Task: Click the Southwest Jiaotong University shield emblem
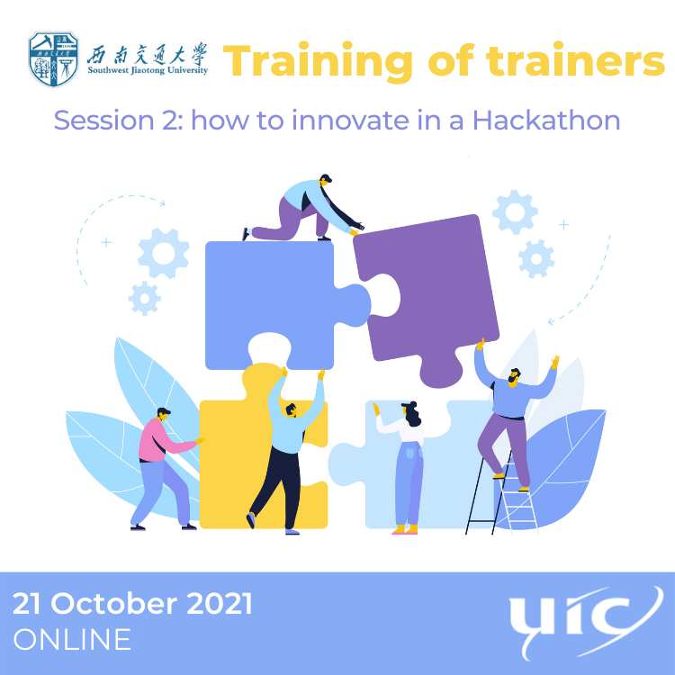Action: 53,59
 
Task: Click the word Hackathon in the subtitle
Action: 546,120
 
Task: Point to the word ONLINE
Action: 72,640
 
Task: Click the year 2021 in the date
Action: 220,604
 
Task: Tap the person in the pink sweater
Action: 163,468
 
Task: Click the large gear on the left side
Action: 164,253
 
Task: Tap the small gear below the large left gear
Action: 145,298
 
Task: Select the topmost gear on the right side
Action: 515,212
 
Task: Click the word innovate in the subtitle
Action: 350,120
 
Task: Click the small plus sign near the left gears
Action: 106,243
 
